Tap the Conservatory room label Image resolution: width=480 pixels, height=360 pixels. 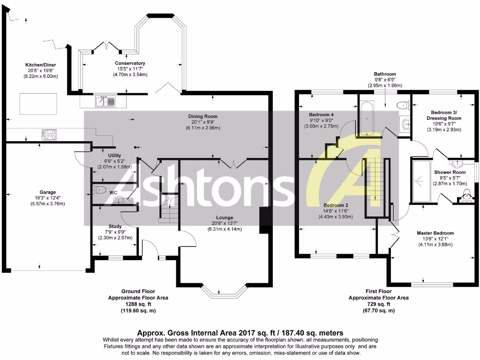click(x=130, y=63)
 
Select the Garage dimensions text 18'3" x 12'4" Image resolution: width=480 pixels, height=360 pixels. click(x=48, y=198)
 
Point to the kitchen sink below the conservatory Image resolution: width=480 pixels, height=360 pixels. click(x=105, y=101)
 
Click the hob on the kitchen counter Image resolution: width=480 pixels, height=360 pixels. click(x=49, y=134)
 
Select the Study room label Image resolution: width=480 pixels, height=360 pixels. click(x=115, y=226)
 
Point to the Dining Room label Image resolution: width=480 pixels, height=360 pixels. click(x=203, y=116)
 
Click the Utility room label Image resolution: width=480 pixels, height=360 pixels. click(x=115, y=155)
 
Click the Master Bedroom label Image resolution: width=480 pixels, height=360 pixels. click(x=436, y=233)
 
